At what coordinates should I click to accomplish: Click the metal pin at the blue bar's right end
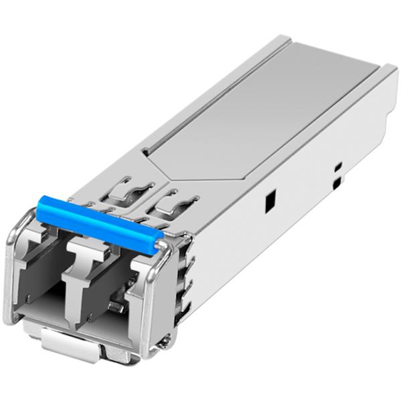pos(161,248)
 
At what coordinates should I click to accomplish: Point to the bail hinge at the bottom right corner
pos(160,344)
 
